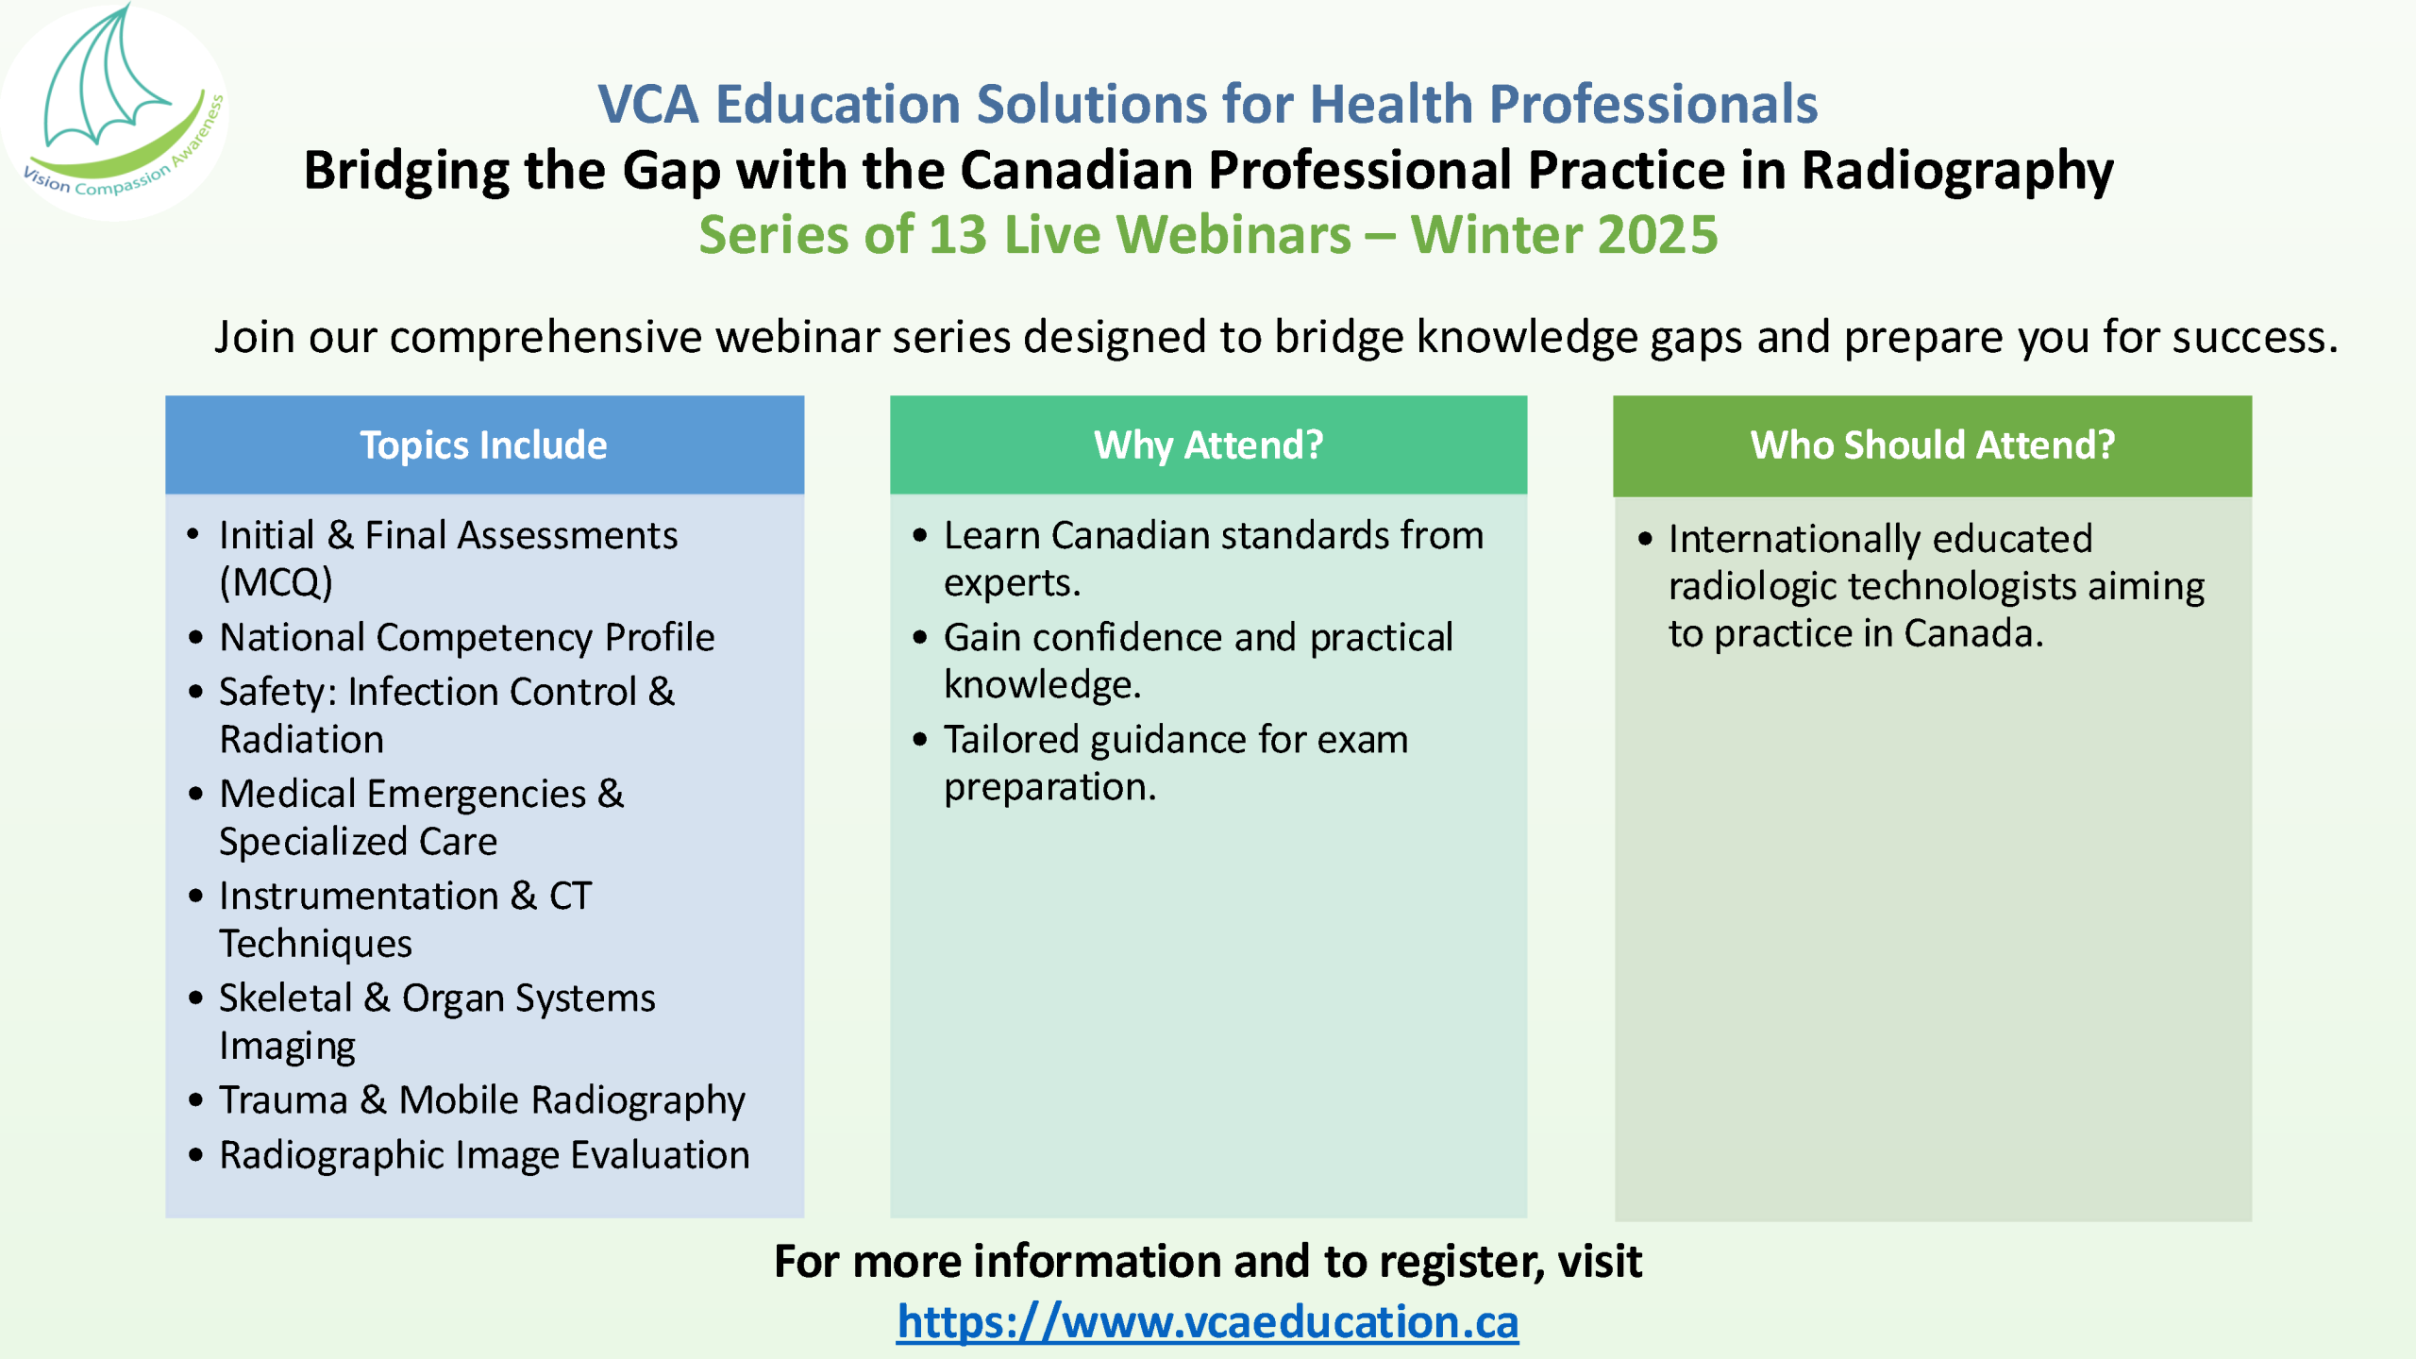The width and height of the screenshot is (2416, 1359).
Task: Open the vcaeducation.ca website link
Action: click(x=1207, y=1321)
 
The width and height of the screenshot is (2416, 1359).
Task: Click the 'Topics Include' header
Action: click(x=483, y=445)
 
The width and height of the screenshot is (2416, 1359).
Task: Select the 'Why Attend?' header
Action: click(x=1208, y=445)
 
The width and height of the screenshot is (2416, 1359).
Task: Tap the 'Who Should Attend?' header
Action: click(x=1932, y=445)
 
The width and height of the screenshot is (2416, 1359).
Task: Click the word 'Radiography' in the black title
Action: click(x=1957, y=172)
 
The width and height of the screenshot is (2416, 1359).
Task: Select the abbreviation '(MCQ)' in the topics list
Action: click(x=276, y=582)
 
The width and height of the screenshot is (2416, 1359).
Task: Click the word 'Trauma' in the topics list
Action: click(x=283, y=1100)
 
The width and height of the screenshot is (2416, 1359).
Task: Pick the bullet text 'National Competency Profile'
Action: click(x=467, y=638)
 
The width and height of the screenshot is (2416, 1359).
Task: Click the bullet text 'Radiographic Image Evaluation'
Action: click(x=484, y=1156)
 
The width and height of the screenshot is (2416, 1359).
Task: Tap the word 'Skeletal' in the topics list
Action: click(x=286, y=998)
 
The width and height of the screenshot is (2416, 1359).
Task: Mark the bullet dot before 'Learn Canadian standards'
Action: click(x=920, y=536)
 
